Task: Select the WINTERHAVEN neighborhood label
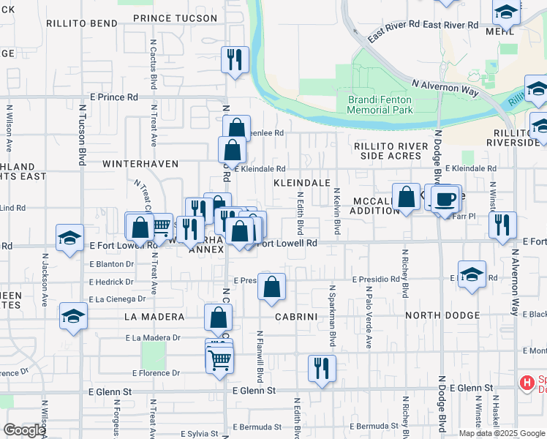(x=140, y=164)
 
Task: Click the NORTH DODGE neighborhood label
(x=442, y=316)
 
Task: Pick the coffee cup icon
(x=445, y=198)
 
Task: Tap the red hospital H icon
(x=525, y=382)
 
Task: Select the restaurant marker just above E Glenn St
(x=321, y=368)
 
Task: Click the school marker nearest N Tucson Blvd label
(x=70, y=238)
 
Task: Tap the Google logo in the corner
(x=24, y=430)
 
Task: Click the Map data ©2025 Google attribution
(x=502, y=433)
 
